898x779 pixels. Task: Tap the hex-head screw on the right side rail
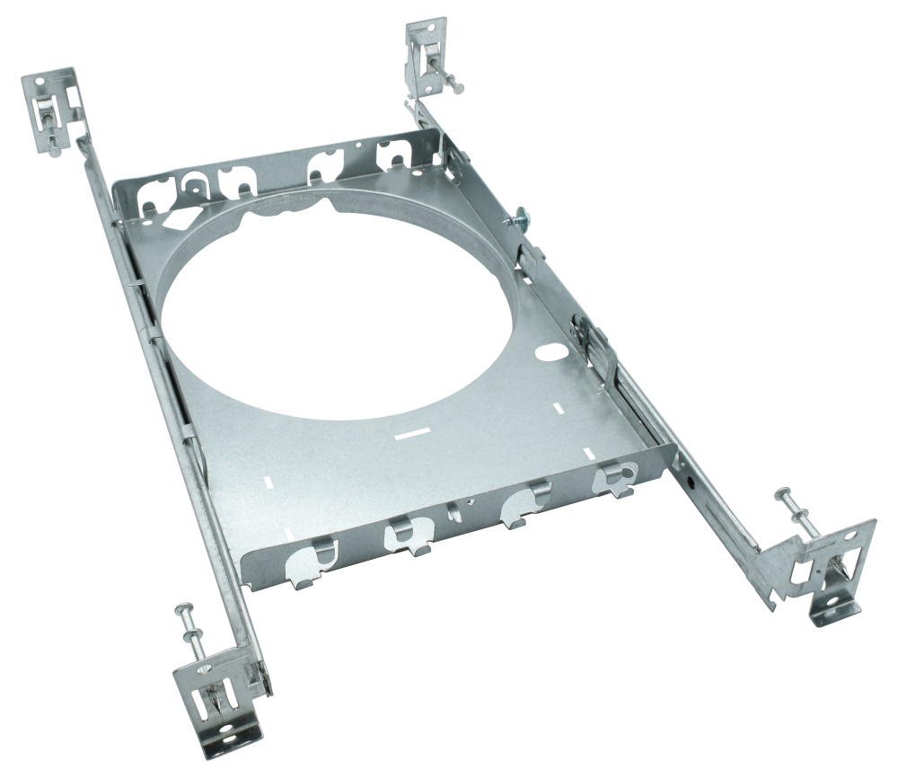pyautogui.click(x=519, y=218)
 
